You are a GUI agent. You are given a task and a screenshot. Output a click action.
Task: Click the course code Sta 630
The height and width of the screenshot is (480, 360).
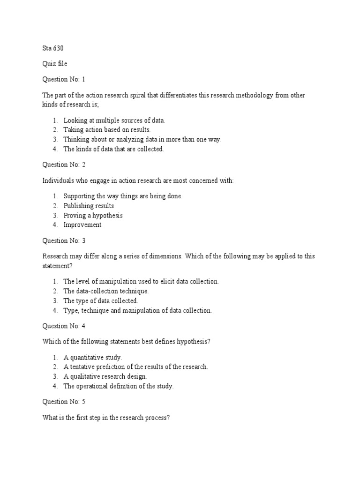(53, 48)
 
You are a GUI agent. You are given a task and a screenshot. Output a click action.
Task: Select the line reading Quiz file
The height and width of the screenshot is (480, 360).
(55, 64)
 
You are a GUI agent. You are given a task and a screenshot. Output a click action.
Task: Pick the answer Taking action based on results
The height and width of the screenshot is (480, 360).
(107, 130)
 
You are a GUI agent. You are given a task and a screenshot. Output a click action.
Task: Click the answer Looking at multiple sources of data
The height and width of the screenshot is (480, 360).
(114, 120)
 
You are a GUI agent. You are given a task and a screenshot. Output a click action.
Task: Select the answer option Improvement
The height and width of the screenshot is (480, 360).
(82, 225)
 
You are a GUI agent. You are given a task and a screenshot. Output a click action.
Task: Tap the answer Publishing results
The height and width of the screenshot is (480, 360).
(89, 206)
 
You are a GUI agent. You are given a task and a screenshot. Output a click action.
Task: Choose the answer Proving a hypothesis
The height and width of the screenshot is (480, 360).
(93, 215)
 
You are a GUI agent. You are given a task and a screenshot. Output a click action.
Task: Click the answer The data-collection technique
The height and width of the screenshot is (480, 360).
(106, 291)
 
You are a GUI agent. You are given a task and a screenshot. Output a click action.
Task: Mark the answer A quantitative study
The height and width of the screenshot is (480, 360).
(93, 358)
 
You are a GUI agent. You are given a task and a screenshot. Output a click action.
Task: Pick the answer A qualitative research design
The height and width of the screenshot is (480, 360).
(105, 376)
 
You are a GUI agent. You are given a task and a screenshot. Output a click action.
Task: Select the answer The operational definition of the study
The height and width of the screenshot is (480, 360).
(119, 386)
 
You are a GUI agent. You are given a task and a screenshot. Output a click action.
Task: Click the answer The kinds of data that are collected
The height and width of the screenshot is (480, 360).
(114, 149)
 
